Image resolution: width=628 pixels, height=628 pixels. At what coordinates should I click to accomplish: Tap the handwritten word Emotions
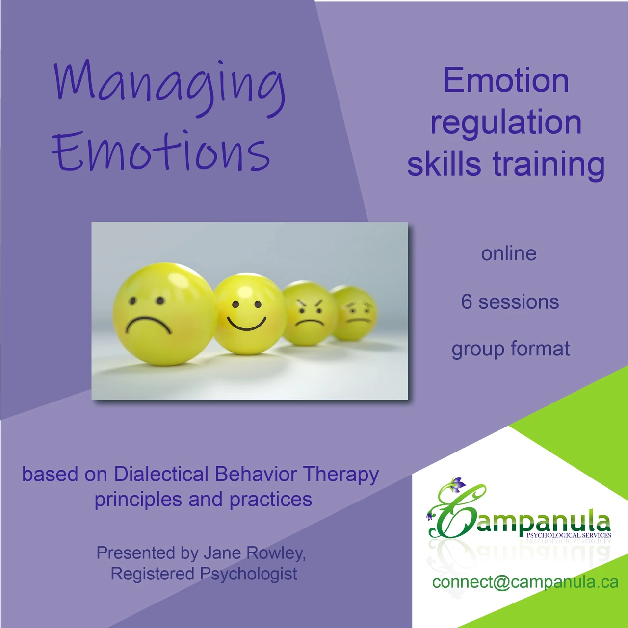(x=161, y=151)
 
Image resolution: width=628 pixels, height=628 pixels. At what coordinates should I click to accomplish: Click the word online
(x=509, y=253)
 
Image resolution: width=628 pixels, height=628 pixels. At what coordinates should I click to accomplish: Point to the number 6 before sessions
(x=466, y=301)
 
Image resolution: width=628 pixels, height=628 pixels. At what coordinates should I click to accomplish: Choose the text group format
(x=511, y=349)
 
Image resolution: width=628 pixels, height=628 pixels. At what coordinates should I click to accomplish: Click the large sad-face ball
(x=165, y=314)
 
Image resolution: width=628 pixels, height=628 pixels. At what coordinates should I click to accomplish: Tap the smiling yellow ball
(x=249, y=314)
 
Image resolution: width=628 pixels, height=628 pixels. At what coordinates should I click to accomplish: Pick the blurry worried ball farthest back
(x=354, y=313)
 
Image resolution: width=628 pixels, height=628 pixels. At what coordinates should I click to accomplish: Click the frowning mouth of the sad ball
(x=149, y=324)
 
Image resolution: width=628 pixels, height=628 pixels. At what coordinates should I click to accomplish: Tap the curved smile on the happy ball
(x=247, y=323)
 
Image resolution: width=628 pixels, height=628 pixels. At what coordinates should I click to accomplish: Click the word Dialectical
(x=161, y=474)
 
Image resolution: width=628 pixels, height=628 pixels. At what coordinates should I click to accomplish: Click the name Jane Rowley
(x=255, y=553)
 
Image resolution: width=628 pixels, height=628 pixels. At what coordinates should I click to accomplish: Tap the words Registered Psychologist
(x=204, y=574)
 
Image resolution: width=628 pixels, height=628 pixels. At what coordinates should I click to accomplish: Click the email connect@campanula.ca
(x=525, y=581)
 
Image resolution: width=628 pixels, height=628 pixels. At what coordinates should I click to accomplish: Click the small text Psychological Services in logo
(x=569, y=535)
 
